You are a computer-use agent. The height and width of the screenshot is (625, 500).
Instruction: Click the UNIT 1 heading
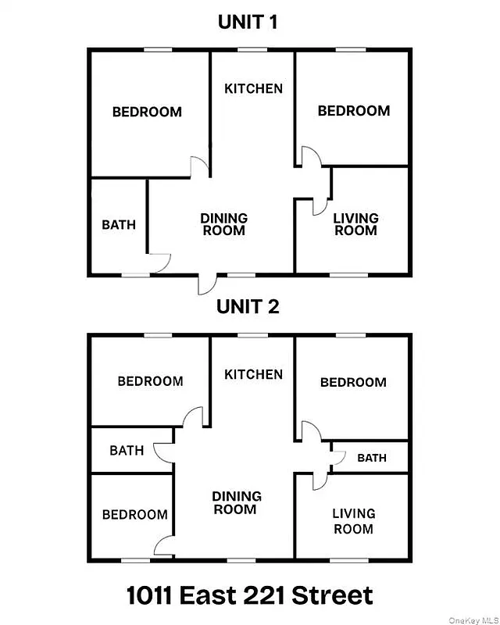248,23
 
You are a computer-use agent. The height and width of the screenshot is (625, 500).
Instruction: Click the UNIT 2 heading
248,307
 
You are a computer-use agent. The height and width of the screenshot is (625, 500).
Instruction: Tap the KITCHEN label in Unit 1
253,88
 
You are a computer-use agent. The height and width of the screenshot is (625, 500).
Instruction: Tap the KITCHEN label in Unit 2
253,374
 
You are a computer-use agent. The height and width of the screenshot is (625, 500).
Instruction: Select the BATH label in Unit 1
119,225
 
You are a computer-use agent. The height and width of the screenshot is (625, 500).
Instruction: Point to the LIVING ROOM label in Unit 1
355,224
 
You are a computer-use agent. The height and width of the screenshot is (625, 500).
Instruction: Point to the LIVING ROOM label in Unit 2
354,521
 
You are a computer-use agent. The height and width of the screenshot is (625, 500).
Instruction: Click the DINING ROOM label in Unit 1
223,224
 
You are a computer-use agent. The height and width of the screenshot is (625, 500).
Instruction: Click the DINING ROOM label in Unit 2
236,503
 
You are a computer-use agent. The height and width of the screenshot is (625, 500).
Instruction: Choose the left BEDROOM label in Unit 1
147,112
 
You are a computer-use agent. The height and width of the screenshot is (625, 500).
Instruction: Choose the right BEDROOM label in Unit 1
354,111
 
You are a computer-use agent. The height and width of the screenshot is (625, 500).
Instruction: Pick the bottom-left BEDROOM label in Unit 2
134,515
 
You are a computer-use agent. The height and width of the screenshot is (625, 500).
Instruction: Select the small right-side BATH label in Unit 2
372,458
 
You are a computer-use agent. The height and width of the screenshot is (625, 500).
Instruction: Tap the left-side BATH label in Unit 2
127,451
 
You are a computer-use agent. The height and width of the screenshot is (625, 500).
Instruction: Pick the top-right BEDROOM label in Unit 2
353,382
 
